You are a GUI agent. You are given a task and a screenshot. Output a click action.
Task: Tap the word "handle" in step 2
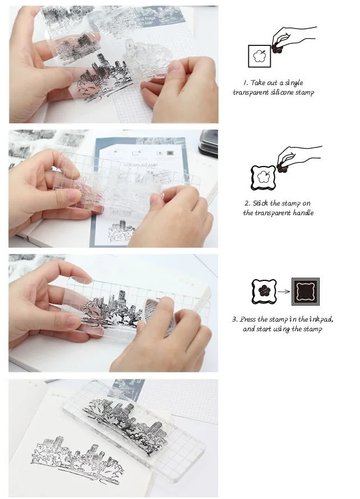tap(303, 213)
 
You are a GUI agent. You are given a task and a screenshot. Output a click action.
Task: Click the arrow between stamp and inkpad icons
tap(284, 292)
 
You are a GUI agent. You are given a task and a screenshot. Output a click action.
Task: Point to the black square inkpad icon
tap(306, 292)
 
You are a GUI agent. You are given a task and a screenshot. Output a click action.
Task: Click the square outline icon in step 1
tap(260, 56)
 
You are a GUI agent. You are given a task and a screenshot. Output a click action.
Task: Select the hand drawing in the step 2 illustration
tap(298, 159)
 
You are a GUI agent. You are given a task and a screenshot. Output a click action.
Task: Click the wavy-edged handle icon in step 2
tap(263, 178)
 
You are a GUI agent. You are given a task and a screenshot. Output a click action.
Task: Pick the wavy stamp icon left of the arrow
tap(264, 291)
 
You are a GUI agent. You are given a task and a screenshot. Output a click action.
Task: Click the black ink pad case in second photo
tap(209, 142)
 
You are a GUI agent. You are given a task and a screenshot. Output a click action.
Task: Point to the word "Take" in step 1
tap(258, 83)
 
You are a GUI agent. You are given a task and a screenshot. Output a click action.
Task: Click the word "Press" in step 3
tap(248, 319)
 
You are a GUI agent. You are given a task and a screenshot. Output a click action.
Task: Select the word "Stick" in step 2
tap(261, 204)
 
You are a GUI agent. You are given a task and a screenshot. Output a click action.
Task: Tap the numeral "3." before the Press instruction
tap(235, 319)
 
